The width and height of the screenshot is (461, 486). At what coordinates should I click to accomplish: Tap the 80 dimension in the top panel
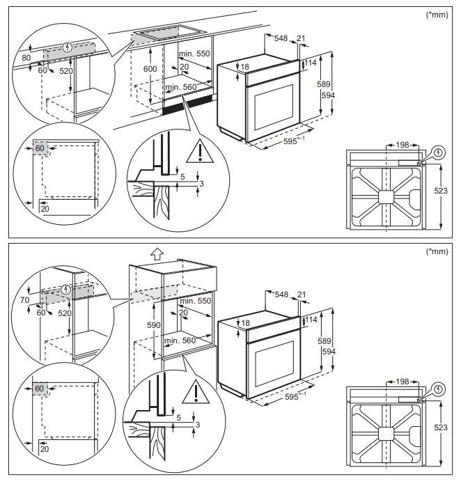pyautogui.click(x=26, y=58)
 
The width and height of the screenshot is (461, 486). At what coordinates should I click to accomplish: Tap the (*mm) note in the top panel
pyautogui.click(x=437, y=13)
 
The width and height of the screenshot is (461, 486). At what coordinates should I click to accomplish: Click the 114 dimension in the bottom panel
pyautogui.click(x=312, y=319)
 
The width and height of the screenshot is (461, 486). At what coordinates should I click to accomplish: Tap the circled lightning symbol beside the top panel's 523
pyautogui.click(x=438, y=152)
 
